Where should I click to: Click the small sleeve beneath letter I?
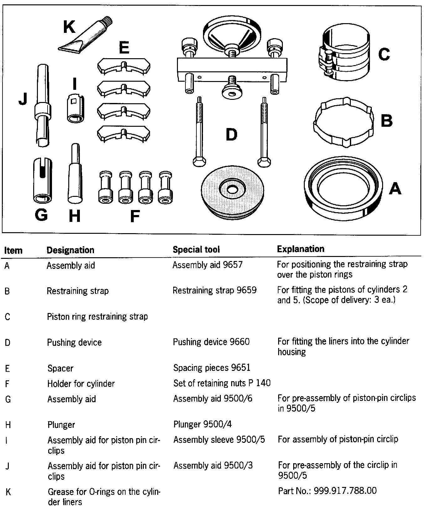click(75, 108)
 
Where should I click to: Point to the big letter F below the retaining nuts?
click(135, 216)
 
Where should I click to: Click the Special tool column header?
click(196, 249)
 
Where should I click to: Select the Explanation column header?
click(300, 249)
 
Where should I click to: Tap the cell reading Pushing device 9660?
click(211, 342)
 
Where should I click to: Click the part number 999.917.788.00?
click(327, 490)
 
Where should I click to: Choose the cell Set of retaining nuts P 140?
click(222, 383)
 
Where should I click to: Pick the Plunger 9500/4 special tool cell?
click(202, 424)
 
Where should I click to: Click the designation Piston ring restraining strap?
click(97, 316)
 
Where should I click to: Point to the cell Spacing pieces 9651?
click(212, 368)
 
